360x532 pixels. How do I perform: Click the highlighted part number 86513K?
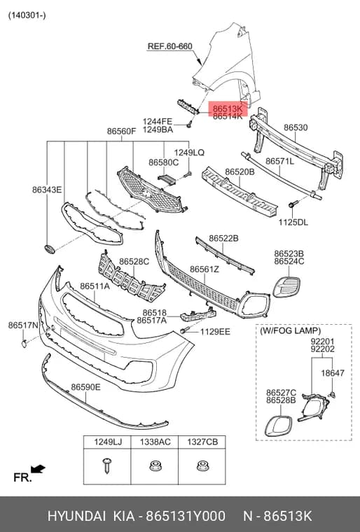(x=228, y=109)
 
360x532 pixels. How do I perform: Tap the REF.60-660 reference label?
(x=169, y=46)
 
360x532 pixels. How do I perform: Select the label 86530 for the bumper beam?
(x=296, y=127)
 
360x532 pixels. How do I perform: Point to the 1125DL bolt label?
(x=293, y=222)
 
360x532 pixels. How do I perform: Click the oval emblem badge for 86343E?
(x=50, y=248)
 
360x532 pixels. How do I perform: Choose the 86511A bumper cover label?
(x=95, y=286)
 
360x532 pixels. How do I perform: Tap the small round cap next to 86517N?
(x=25, y=344)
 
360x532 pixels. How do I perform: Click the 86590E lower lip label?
(x=85, y=387)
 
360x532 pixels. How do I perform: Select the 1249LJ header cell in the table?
(x=107, y=442)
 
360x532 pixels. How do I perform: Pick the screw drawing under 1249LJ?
(x=107, y=465)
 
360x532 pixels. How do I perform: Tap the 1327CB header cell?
(x=202, y=442)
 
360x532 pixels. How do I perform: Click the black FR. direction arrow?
(x=38, y=469)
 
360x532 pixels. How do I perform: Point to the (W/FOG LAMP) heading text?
(x=290, y=330)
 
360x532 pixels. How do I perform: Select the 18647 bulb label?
(x=333, y=372)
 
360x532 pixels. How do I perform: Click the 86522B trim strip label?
(x=223, y=239)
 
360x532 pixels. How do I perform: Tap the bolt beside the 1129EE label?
(x=184, y=330)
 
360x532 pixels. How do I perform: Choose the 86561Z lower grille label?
(x=205, y=269)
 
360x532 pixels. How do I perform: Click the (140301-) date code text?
(x=27, y=15)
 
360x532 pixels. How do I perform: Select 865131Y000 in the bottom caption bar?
(x=186, y=516)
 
